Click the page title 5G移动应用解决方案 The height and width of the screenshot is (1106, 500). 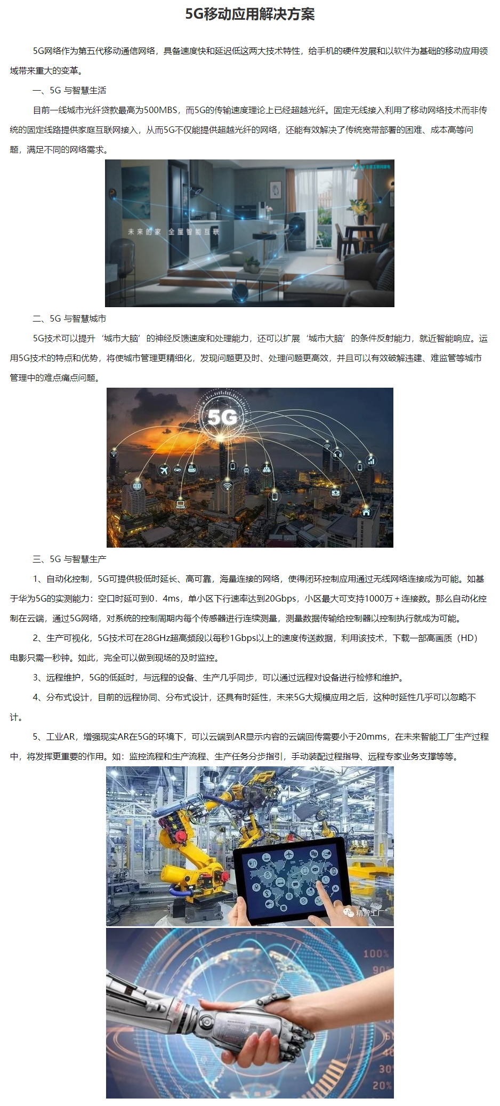point(249,14)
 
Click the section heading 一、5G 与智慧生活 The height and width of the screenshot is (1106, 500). point(69,91)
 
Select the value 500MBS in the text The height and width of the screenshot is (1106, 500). point(160,110)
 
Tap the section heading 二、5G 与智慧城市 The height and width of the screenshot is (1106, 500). point(69,319)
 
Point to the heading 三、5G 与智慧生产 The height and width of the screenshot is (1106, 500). point(69,559)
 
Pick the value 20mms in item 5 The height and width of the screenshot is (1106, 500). point(372,737)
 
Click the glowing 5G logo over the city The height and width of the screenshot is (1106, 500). point(222,417)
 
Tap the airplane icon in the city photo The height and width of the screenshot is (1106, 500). point(164,470)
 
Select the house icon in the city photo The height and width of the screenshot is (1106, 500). point(366,512)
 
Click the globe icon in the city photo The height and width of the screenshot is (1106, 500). point(138,486)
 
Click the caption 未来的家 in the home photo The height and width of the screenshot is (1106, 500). point(144,232)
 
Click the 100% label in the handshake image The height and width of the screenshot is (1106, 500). point(376,954)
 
